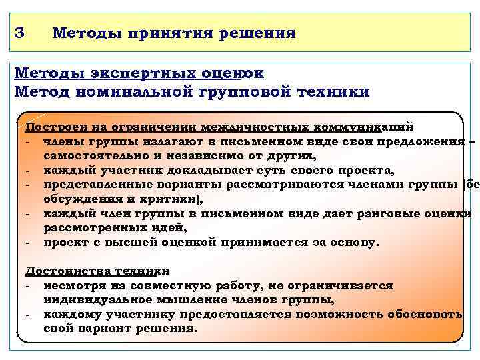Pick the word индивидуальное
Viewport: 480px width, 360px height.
point(91,299)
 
